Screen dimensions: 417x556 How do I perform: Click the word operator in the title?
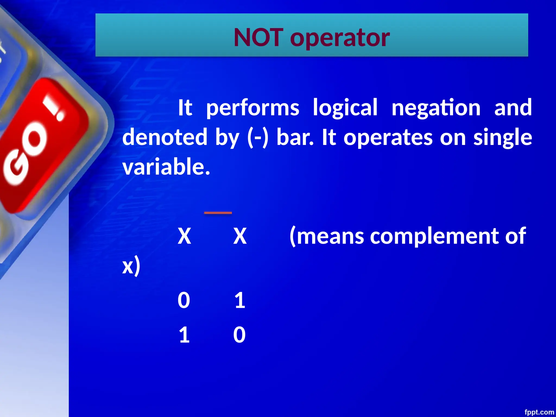pyautogui.click(x=340, y=38)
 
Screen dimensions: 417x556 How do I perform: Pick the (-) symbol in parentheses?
pyautogui.click(x=258, y=137)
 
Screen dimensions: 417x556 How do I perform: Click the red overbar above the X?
pyautogui.click(x=218, y=213)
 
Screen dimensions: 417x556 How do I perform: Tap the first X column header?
pyautogui.click(x=184, y=236)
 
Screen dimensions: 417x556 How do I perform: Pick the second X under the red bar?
pyautogui.click(x=240, y=236)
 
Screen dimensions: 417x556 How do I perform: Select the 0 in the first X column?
pyautogui.click(x=184, y=301)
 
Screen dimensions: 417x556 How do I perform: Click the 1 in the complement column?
pyautogui.click(x=240, y=301)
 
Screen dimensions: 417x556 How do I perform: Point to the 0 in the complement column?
pyautogui.click(x=239, y=335)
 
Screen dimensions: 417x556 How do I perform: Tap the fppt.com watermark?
pyautogui.click(x=539, y=412)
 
